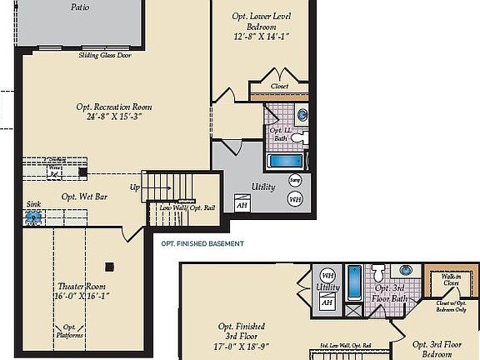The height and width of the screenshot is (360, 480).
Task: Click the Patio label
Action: pyautogui.click(x=80, y=7)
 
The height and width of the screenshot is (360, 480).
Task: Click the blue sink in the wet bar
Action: pyautogui.click(x=32, y=217)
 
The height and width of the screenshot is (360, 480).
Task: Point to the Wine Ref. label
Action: pyautogui.click(x=56, y=171)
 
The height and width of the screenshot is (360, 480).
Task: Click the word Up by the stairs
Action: pyautogui.click(x=134, y=187)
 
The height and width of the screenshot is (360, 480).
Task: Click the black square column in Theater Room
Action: pyautogui.click(x=109, y=267)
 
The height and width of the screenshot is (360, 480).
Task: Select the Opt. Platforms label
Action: pyautogui.click(x=72, y=331)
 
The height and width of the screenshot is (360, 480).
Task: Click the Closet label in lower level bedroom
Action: pyautogui.click(x=279, y=86)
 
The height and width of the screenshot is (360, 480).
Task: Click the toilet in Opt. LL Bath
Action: pyautogui.click(x=303, y=137)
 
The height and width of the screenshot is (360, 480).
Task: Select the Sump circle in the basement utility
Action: pyautogui.click(x=295, y=180)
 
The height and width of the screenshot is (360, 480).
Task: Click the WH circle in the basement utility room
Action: pyautogui.click(x=295, y=199)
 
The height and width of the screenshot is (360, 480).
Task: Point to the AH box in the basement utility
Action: pyautogui.click(x=242, y=203)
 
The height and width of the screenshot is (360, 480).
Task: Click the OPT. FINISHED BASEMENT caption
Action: pyautogui.click(x=202, y=243)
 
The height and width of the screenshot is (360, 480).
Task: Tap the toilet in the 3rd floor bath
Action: pyautogui.click(x=378, y=272)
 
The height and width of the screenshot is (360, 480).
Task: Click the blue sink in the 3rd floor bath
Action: pyautogui.click(x=406, y=271)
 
